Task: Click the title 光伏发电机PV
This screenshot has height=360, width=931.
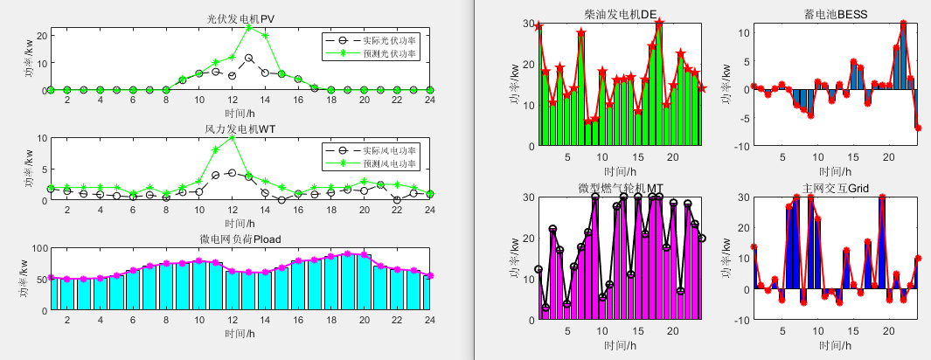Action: [240, 18]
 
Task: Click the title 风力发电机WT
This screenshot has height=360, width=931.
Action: [240, 128]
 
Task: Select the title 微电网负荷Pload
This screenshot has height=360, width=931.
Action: [240, 239]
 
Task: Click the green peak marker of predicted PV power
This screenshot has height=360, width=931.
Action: [249, 28]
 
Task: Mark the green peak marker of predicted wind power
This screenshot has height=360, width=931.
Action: [233, 137]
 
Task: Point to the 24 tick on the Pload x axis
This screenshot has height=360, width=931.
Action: [430, 320]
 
